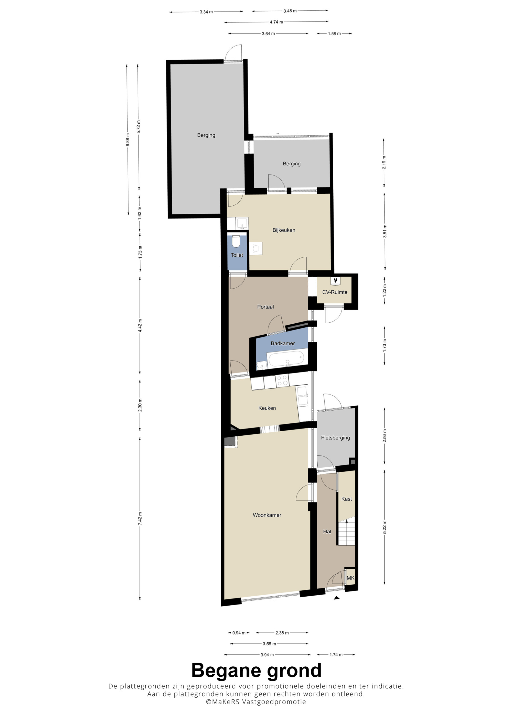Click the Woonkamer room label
click(267, 515)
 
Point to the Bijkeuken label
click(284, 230)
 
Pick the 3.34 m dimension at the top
click(206, 12)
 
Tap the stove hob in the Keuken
click(282, 381)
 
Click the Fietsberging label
click(336, 438)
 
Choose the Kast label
click(347, 499)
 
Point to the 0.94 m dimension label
click(239, 633)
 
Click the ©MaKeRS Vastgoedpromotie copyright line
click(256, 701)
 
